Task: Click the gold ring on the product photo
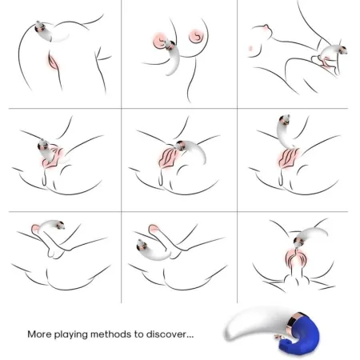(x=284, y=327)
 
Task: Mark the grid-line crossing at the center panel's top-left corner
(x=121, y=107)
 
